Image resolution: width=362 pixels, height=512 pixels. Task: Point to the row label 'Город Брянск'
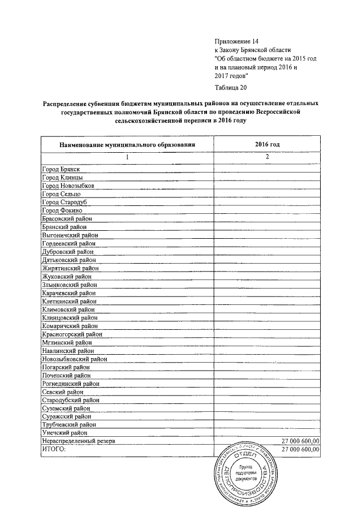[x=61, y=169]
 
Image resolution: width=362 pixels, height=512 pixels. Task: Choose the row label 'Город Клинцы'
[x=62, y=178]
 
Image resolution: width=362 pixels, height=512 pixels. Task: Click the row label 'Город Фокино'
[x=62, y=210]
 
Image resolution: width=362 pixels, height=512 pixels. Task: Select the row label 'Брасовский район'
[x=67, y=218]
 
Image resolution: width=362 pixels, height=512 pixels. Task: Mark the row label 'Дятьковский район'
[x=68, y=260]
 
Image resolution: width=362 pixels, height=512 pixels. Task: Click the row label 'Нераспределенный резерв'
[x=79, y=441]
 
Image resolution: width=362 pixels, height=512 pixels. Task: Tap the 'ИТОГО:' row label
[x=54, y=449]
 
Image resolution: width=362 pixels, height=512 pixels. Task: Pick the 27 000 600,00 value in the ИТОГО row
[x=300, y=449]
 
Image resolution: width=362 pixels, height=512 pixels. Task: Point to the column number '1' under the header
[x=127, y=157]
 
